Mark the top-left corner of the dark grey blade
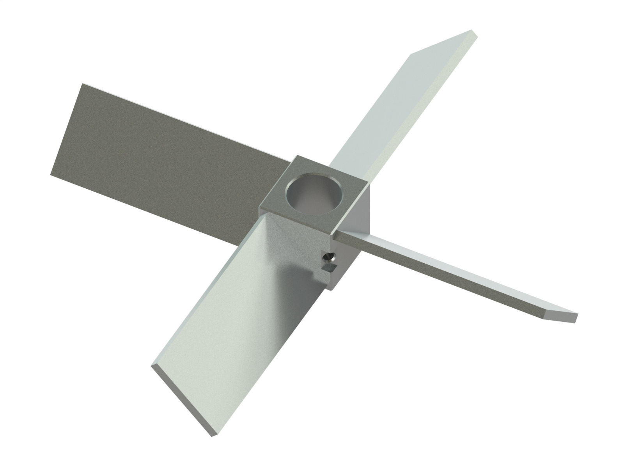tap(82, 85)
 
